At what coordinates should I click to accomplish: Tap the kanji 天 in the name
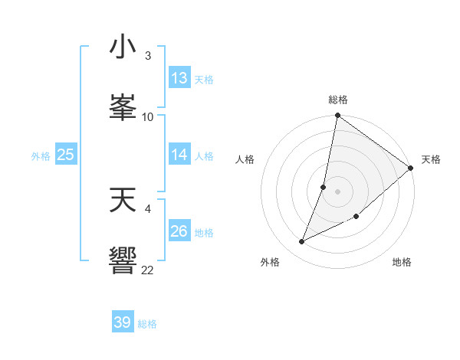[x=123, y=200]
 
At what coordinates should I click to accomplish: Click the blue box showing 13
[x=179, y=78]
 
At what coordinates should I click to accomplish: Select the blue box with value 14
[x=179, y=155]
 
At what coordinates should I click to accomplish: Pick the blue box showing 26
[x=179, y=231]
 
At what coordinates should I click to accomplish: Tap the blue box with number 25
[x=66, y=155]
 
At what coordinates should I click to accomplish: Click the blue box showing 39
[x=123, y=322]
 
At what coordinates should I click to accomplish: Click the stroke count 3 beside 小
[x=147, y=56]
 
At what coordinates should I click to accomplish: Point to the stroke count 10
[x=148, y=116]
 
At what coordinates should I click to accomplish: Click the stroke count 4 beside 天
[x=148, y=208]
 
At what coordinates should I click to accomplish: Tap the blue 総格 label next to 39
[x=147, y=324]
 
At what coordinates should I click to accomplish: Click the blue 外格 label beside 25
[x=41, y=156]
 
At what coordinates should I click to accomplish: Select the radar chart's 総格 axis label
[x=338, y=100]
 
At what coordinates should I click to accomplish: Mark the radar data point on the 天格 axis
[x=411, y=169]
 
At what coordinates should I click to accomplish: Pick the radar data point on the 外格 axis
[x=302, y=242]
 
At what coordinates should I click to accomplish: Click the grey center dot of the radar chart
[x=338, y=191]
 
